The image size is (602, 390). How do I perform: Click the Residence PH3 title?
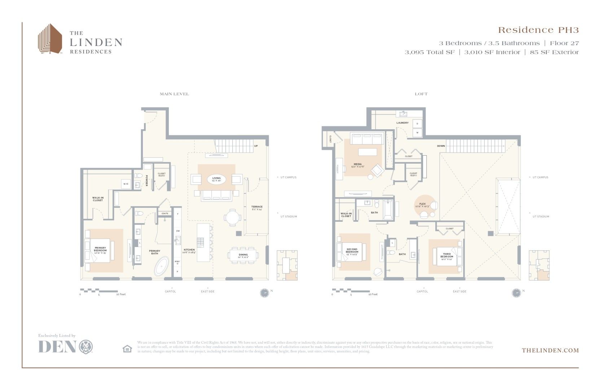coord(538,30)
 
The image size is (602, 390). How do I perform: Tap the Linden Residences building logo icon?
coord(50,39)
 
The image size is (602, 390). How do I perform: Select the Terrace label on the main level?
coord(257,207)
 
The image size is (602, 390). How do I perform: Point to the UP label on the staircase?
coord(256,146)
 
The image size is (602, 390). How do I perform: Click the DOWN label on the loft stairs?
coord(441,146)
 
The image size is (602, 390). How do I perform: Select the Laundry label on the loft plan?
coord(402,123)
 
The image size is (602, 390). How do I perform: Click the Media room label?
coord(357,165)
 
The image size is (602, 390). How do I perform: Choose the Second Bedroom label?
coord(352,250)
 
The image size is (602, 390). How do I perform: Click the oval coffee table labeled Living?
coord(216,179)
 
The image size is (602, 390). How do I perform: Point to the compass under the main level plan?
coord(264,293)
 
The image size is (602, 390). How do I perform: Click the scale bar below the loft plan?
coord(351,291)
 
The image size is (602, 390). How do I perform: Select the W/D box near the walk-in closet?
coord(126,184)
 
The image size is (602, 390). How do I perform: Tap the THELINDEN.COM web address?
coord(550,350)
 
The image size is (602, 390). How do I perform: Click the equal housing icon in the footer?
coord(127,349)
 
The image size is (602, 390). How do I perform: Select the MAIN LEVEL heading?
coord(174,94)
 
